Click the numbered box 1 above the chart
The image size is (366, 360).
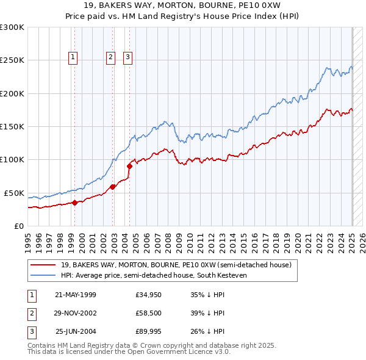73,57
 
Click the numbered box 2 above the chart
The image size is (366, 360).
110,57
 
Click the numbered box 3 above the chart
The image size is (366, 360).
128,57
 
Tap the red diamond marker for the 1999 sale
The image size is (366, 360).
74,203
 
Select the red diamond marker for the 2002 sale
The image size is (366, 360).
113,187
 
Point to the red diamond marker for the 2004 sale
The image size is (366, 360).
130,166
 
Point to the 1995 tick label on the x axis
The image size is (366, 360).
27,240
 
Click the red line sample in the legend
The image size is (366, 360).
44,265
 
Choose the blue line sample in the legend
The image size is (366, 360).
44,275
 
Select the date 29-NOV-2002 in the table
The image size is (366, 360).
76,313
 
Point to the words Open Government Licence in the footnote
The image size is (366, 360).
179,351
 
